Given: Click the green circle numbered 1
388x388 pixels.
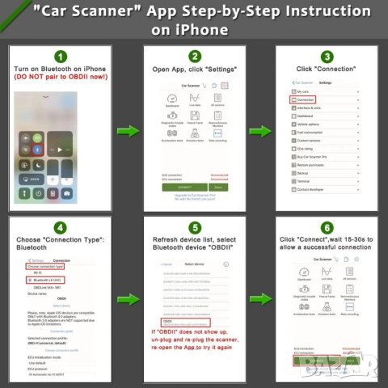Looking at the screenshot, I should point(62,56).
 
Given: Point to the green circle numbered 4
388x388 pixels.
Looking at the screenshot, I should point(62,226).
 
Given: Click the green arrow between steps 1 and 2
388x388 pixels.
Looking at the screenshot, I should point(128,130).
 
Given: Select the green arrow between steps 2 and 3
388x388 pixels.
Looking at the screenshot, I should point(259,130).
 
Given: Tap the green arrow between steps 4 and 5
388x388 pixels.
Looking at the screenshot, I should point(128,300).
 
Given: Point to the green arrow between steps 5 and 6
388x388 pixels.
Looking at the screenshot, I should point(259,300).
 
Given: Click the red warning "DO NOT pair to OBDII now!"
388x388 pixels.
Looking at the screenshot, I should point(62,84).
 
